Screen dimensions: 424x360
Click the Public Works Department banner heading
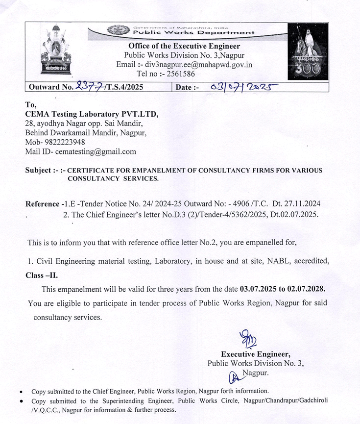[194, 33]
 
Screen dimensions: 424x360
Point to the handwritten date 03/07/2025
[243, 87]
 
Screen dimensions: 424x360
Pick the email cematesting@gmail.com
[96, 151]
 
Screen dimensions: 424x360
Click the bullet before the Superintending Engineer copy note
[20, 401]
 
